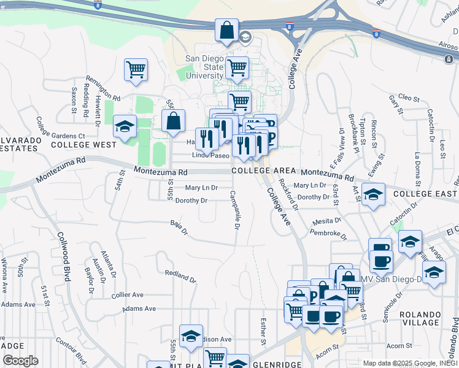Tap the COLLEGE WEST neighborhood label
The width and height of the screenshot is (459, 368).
(x=83, y=145)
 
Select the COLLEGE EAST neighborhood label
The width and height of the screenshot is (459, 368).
(x=425, y=194)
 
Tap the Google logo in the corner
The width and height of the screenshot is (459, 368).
(x=20, y=360)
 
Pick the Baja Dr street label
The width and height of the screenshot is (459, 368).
(x=178, y=228)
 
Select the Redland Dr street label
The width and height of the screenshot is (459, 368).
(x=180, y=275)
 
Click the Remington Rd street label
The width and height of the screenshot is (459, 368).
(x=104, y=89)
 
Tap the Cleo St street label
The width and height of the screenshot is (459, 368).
(x=408, y=98)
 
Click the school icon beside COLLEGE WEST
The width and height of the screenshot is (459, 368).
(x=125, y=127)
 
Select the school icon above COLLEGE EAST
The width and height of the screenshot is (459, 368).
(x=373, y=194)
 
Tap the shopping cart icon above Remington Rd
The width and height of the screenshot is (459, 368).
(x=136, y=69)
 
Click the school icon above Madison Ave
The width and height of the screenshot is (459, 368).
(x=191, y=335)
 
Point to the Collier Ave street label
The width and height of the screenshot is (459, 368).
(x=127, y=294)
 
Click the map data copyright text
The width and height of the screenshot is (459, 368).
(x=410, y=363)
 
